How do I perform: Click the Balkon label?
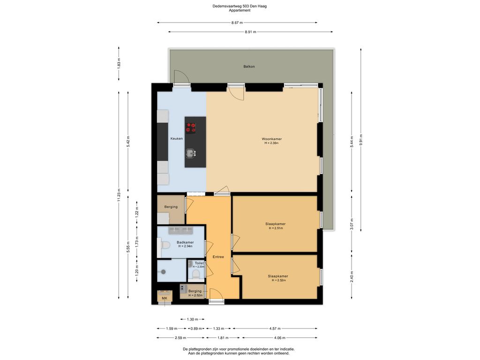249,67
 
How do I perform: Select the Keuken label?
176,139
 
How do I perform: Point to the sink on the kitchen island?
190,152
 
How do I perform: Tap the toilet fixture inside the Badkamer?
164,245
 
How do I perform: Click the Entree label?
218,257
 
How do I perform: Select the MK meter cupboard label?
164,298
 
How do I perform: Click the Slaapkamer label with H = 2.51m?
275,224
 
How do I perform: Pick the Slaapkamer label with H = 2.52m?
278,276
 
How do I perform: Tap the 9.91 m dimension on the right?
361,140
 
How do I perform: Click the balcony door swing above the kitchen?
180,78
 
